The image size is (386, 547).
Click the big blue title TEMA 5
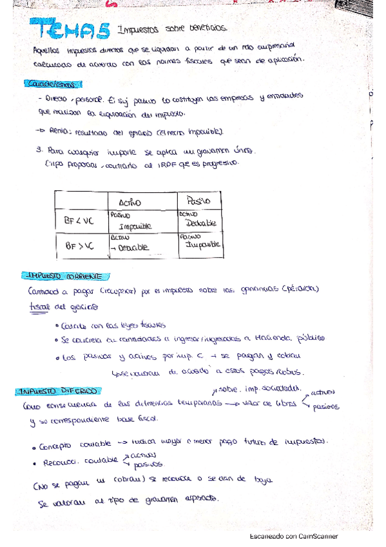coord(72,31)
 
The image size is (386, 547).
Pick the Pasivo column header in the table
coord(197,201)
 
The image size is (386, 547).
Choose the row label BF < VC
coord(79,221)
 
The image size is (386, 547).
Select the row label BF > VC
coord(79,245)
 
